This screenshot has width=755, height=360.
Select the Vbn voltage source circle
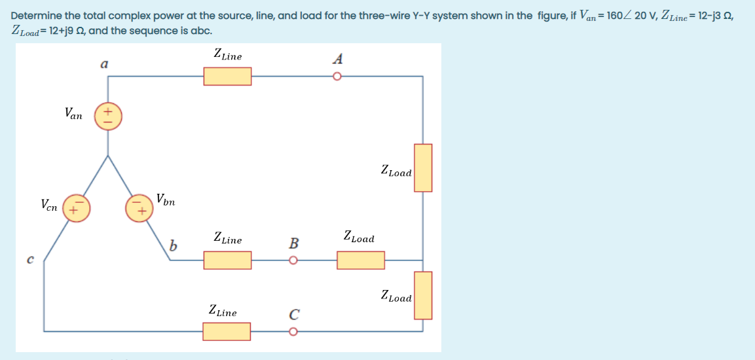tap(138, 207)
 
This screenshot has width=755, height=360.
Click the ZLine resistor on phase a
tap(227, 77)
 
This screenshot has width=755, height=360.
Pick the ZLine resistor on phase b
tap(227, 261)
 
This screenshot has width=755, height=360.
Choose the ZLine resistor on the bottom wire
tap(227, 332)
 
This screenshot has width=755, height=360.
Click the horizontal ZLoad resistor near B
tap(361, 261)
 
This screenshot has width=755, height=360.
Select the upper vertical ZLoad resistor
tap(423, 168)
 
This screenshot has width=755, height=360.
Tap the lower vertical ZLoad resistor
tap(423, 295)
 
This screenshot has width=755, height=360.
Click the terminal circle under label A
tap(337, 77)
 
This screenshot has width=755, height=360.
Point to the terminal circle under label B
tap(294, 261)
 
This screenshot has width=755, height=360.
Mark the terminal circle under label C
tap(294, 332)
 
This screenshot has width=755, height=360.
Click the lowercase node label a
tap(103, 64)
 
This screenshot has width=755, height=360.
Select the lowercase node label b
tap(172, 246)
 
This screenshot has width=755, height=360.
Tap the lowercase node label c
tap(29, 260)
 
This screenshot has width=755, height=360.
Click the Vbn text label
tap(166, 198)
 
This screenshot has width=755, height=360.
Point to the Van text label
tap(73, 113)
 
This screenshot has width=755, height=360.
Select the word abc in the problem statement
tap(201, 31)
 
